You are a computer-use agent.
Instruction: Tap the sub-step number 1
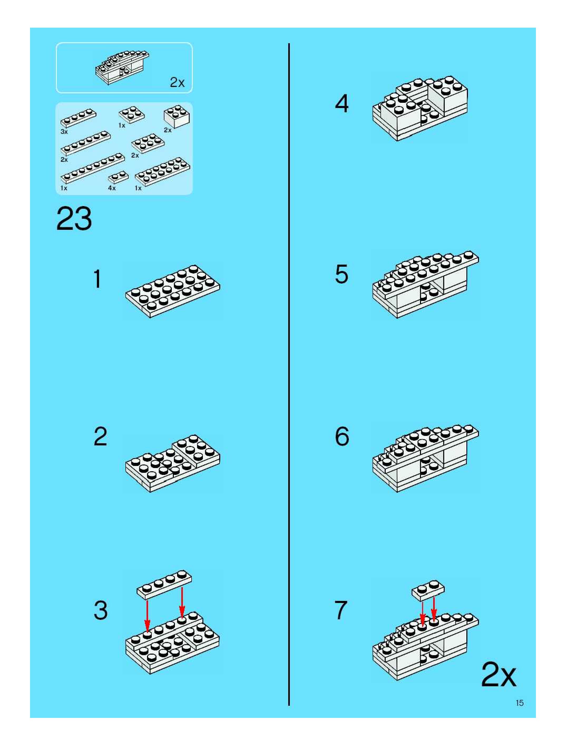tap(97, 279)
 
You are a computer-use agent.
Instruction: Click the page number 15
tap(519, 703)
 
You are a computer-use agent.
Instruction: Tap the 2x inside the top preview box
tap(177, 82)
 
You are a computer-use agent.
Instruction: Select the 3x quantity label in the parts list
tap(64, 132)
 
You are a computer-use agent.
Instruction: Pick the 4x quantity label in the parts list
tap(112, 188)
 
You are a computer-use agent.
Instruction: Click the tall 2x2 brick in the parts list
tap(177, 116)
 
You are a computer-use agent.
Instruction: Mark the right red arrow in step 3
tap(182, 606)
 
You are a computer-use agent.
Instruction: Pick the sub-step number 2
tap(100, 436)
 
